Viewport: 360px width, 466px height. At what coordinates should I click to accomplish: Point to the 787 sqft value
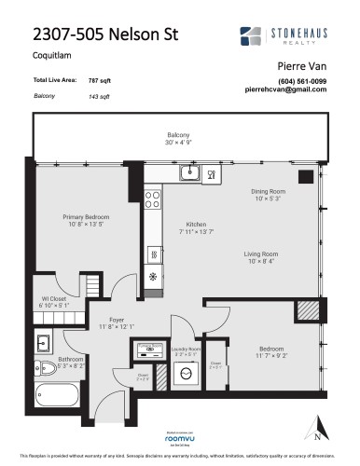click(98, 82)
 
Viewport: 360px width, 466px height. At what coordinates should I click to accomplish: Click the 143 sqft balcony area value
click(98, 96)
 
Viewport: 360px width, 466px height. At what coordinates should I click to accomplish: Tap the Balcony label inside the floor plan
click(178, 135)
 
